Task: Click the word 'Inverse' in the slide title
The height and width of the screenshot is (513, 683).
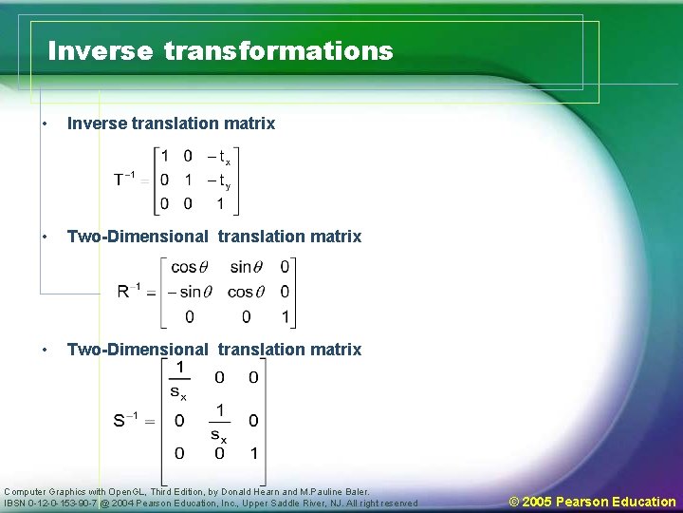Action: pyautogui.click(x=100, y=50)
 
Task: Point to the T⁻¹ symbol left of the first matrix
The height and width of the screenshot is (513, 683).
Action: pyautogui.click(x=123, y=180)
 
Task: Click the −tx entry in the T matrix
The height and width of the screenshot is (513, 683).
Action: pyautogui.click(x=223, y=158)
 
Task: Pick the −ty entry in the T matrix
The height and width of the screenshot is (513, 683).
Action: pyautogui.click(x=223, y=180)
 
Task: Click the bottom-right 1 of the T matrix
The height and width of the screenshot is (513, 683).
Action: pyautogui.click(x=220, y=203)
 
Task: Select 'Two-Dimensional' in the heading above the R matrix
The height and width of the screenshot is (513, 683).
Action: pyautogui.click(x=138, y=237)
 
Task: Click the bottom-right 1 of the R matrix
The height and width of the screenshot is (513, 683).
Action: pyautogui.click(x=285, y=316)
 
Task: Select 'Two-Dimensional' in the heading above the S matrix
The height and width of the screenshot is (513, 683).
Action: pyautogui.click(x=138, y=350)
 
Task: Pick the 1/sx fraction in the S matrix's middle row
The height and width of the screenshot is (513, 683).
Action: pyautogui.click(x=219, y=421)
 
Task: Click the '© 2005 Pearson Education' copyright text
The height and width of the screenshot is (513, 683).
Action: pyautogui.click(x=592, y=502)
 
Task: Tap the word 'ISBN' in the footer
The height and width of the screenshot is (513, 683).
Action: pyautogui.click(x=17, y=503)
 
